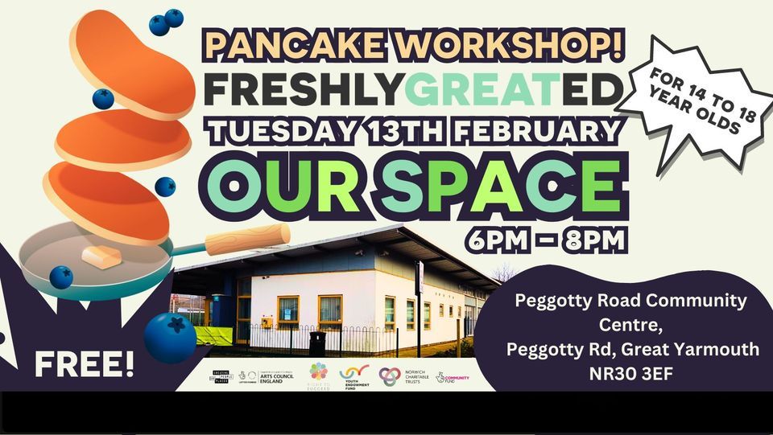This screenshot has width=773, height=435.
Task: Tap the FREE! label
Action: click(x=84, y=363)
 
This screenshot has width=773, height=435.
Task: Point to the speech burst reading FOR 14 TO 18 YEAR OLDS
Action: click(x=696, y=105)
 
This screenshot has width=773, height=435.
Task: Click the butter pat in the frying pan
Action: click(x=101, y=257)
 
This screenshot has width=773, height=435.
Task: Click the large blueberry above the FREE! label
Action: click(x=170, y=336)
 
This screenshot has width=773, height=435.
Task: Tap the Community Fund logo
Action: click(x=453, y=376)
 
